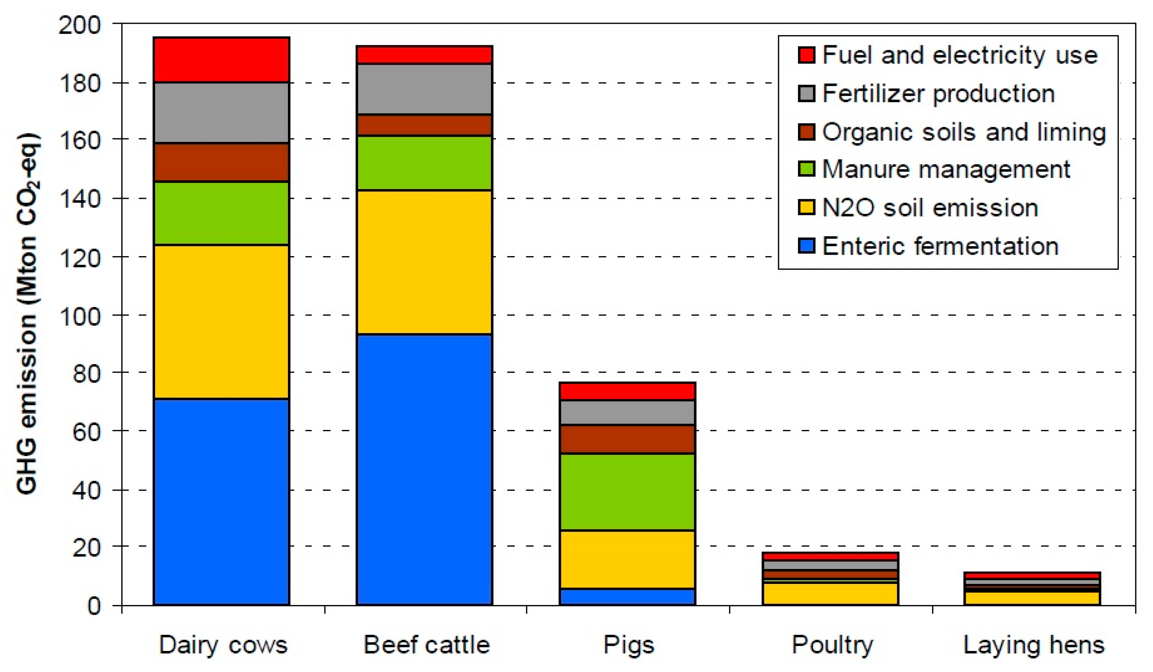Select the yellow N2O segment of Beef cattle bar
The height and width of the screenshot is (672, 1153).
pos(424,262)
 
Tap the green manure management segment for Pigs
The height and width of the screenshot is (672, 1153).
pos(627,492)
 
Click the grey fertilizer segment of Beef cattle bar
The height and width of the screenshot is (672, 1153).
pos(424,89)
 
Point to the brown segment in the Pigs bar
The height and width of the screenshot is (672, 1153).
pos(627,439)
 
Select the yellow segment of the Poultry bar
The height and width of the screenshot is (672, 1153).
pos(831,594)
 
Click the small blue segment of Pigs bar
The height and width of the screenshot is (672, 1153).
pos(627,597)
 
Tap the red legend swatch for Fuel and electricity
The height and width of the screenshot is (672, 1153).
pos(806,55)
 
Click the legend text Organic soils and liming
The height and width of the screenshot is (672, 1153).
pos(963,132)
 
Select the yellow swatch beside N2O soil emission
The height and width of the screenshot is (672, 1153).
pos(806,208)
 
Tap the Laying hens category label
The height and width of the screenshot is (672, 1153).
pos(1034,645)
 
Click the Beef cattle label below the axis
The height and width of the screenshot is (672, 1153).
pos(427,645)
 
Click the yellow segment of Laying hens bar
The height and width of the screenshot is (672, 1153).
pos(1032,598)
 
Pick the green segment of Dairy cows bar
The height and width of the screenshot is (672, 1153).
pos(221,213)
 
